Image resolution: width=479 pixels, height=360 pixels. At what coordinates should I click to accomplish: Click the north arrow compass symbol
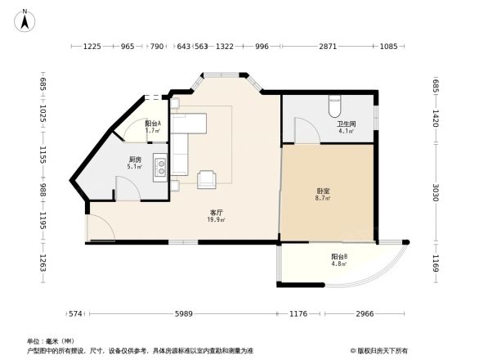click(x=26, y=20)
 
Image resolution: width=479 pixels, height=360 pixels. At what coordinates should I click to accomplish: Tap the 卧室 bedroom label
click(x=324, y=191)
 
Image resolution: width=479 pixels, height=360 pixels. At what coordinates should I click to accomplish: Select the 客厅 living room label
click(x=216, y=212)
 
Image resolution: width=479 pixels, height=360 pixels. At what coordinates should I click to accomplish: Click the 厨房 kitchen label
click(x=135, y=160)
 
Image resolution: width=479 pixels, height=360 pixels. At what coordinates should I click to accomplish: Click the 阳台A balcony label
click(x=153, y=124)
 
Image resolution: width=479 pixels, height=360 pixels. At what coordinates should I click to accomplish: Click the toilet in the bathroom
click(x=334, y=106)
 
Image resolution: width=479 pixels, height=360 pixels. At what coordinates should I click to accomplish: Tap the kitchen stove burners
click(x=162, y=167)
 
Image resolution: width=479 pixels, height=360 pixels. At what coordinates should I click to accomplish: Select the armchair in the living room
click(x=206, y=178)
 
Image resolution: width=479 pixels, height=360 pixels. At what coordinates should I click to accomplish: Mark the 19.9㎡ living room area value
click(x=216, y=219)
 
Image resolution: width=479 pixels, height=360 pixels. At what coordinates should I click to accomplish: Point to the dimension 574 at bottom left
click(x=76, y=314)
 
